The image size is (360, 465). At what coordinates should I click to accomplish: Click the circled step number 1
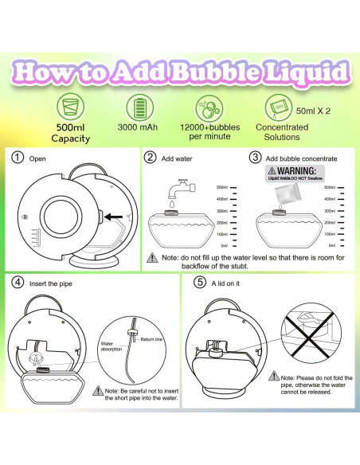click(x=18, y=158)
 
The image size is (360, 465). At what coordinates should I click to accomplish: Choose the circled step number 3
click(x=255, y=158)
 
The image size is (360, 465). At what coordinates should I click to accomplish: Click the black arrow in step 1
click(x=115, y=214)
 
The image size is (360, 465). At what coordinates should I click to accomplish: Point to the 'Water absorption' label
click(x=113, y=346)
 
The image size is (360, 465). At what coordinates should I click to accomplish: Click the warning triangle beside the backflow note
click(x=151, y=258)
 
